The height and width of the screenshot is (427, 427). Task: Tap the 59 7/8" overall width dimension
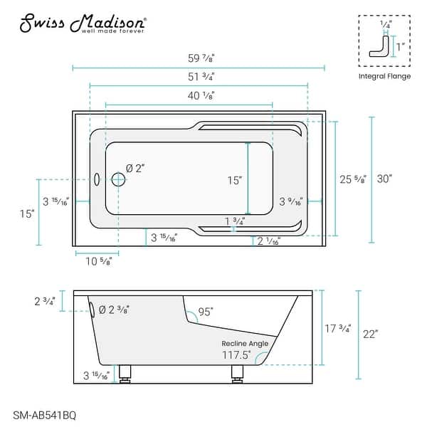[x=199, y=59]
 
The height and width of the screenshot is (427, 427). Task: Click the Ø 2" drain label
[x=135, y=169]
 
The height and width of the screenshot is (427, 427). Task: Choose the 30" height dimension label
[x=385, y=179]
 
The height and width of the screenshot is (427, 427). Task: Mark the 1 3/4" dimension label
[x=234, y=221]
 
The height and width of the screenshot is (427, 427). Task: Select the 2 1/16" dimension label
[x=269, y=241]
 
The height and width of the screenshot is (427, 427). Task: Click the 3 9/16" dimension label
[x=290, y=201]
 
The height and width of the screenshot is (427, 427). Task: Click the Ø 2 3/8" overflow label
[x=114, y=310]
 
